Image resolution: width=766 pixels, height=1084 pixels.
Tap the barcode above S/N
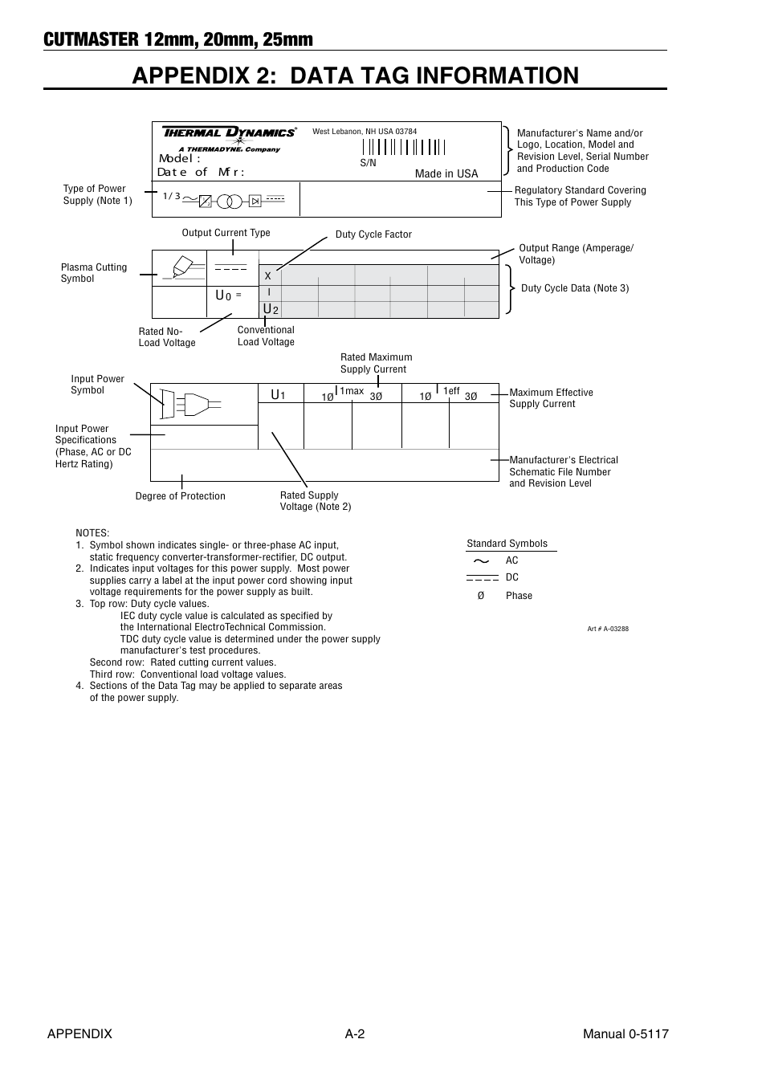click(x=403, y=147)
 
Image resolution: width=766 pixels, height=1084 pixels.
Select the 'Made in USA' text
click(x=446, y=174)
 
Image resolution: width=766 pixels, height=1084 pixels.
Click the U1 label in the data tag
click(x=278, y=395)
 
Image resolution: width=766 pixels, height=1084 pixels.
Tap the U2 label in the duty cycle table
click(x=271, y=310)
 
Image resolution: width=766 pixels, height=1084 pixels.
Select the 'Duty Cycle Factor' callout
click(x=373, y=234)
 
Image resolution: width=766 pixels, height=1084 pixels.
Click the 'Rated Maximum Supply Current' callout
click(x=376, y=364)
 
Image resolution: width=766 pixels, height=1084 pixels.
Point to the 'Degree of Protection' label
click(x=180, y=496)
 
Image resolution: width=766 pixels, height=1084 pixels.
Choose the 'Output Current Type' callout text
click(x=226, y=233)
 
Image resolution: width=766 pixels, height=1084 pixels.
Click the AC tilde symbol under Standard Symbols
click(x=482, y=560)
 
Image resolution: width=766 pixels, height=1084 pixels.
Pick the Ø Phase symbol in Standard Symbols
click(x=481, y=596)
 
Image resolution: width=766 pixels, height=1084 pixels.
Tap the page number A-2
click(x=355, y=1034)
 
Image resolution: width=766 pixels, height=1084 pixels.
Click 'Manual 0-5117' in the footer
click(x=625, y=1034)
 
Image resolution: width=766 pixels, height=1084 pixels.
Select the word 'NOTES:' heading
click(x=92, y=533)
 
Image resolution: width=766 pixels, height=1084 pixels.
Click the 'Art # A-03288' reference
click(x=608, y=629)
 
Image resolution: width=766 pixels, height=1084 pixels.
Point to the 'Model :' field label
click(x=180, y=159)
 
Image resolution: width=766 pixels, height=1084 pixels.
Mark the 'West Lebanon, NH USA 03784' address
click(x=365, y=132)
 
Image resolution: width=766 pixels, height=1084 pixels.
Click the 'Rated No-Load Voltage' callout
click(x=167, y=337)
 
